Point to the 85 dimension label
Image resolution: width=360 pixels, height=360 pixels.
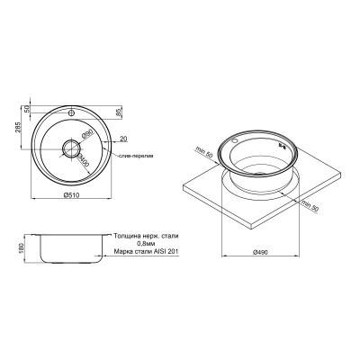(x=120, y=113)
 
